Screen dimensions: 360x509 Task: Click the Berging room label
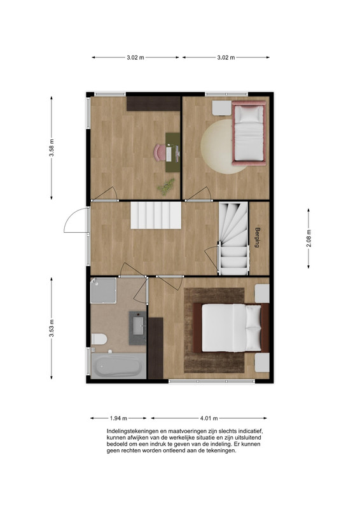(258, 237)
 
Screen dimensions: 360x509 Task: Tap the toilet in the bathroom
(99, 339)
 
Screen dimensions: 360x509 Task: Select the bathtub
(118, 366)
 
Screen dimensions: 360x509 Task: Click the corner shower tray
(103, 290)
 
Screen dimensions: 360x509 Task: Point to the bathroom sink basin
(138, 326)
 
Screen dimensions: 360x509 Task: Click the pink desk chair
(160, 153)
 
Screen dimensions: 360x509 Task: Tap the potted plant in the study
(166, 187)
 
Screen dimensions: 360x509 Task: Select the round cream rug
(218, 147)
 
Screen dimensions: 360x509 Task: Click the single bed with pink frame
(249, 133)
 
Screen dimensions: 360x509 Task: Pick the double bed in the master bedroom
(232, 328)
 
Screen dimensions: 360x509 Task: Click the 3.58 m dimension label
(52, 148)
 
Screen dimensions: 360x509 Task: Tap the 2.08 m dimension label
(308, 239)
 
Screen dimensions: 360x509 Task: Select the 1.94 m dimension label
(118, 418)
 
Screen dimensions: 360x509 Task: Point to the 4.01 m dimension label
(209, 418)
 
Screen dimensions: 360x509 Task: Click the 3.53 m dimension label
(52, 328)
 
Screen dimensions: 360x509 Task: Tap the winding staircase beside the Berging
(233, 239)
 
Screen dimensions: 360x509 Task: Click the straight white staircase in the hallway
(156, 215)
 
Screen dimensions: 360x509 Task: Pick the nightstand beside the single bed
(222, 108)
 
